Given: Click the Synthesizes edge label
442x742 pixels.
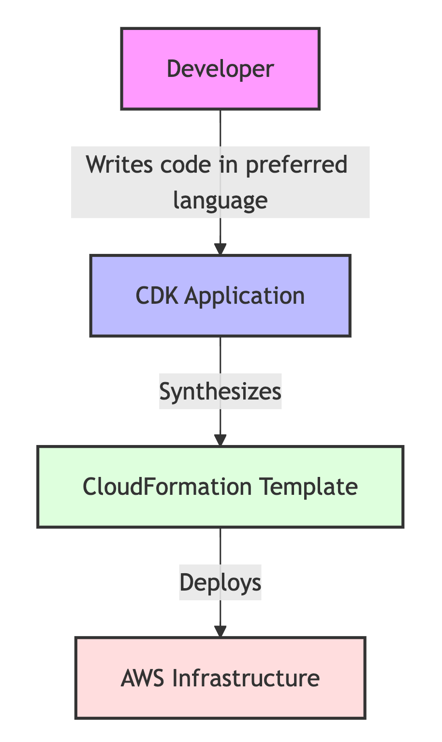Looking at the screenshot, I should [220, 391].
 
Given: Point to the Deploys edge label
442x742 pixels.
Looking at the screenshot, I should [220, 582].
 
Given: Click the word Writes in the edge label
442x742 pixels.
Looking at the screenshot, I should [114, 164].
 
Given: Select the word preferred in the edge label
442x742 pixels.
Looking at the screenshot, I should [296, 164].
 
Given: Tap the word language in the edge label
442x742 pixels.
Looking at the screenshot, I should [220, 199].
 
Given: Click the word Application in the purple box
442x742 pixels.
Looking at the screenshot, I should [245, 296].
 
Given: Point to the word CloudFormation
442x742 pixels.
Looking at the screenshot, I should [167, 486].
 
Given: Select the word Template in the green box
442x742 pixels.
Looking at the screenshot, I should [309, 486].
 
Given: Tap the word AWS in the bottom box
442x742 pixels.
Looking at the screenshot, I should [144, 678].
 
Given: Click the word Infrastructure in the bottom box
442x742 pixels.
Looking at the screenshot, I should [246, 678].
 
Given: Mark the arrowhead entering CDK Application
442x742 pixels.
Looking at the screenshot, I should [221, 250].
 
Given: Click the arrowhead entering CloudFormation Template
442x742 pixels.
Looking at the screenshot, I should [221, 441].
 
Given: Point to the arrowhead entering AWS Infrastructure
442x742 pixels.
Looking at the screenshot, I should [221, 632].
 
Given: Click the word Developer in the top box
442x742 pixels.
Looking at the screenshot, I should [220, 69].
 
